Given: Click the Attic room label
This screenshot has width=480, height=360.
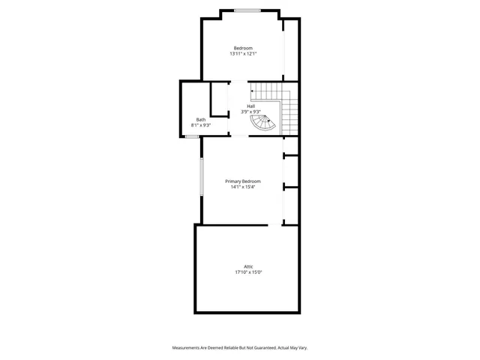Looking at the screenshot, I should tap(248, 266).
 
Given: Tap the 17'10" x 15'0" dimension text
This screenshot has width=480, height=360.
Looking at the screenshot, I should tap(248, 272).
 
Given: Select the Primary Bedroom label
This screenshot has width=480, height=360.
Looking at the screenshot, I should tap(243, 181).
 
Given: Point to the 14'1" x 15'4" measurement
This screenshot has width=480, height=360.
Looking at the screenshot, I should tap(243, 187).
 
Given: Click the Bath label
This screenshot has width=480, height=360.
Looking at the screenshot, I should tap(201, 119).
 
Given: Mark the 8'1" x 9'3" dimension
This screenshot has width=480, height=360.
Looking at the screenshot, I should tap(201, 125).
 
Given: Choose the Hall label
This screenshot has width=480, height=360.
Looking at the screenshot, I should tap(250, 106).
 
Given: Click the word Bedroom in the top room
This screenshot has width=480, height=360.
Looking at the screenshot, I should tap(243, 48).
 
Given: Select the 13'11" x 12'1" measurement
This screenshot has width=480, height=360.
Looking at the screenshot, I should tap(243, 54).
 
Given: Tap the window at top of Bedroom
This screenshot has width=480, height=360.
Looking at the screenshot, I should tap(247, 10).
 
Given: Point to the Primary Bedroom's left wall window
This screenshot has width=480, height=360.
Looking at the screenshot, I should tap(201, 177).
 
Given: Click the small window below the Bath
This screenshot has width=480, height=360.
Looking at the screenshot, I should tap(192, 137).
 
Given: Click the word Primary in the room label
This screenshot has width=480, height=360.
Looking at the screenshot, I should tap(232, 181).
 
